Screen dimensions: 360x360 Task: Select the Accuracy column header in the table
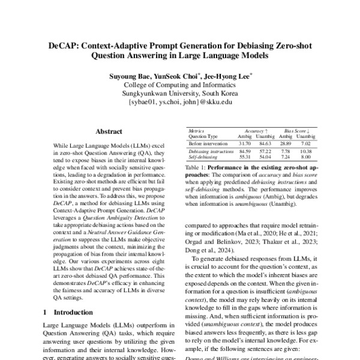258,130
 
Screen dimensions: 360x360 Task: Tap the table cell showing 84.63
264,144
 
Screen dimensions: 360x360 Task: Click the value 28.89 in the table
287,144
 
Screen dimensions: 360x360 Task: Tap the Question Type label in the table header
203,136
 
